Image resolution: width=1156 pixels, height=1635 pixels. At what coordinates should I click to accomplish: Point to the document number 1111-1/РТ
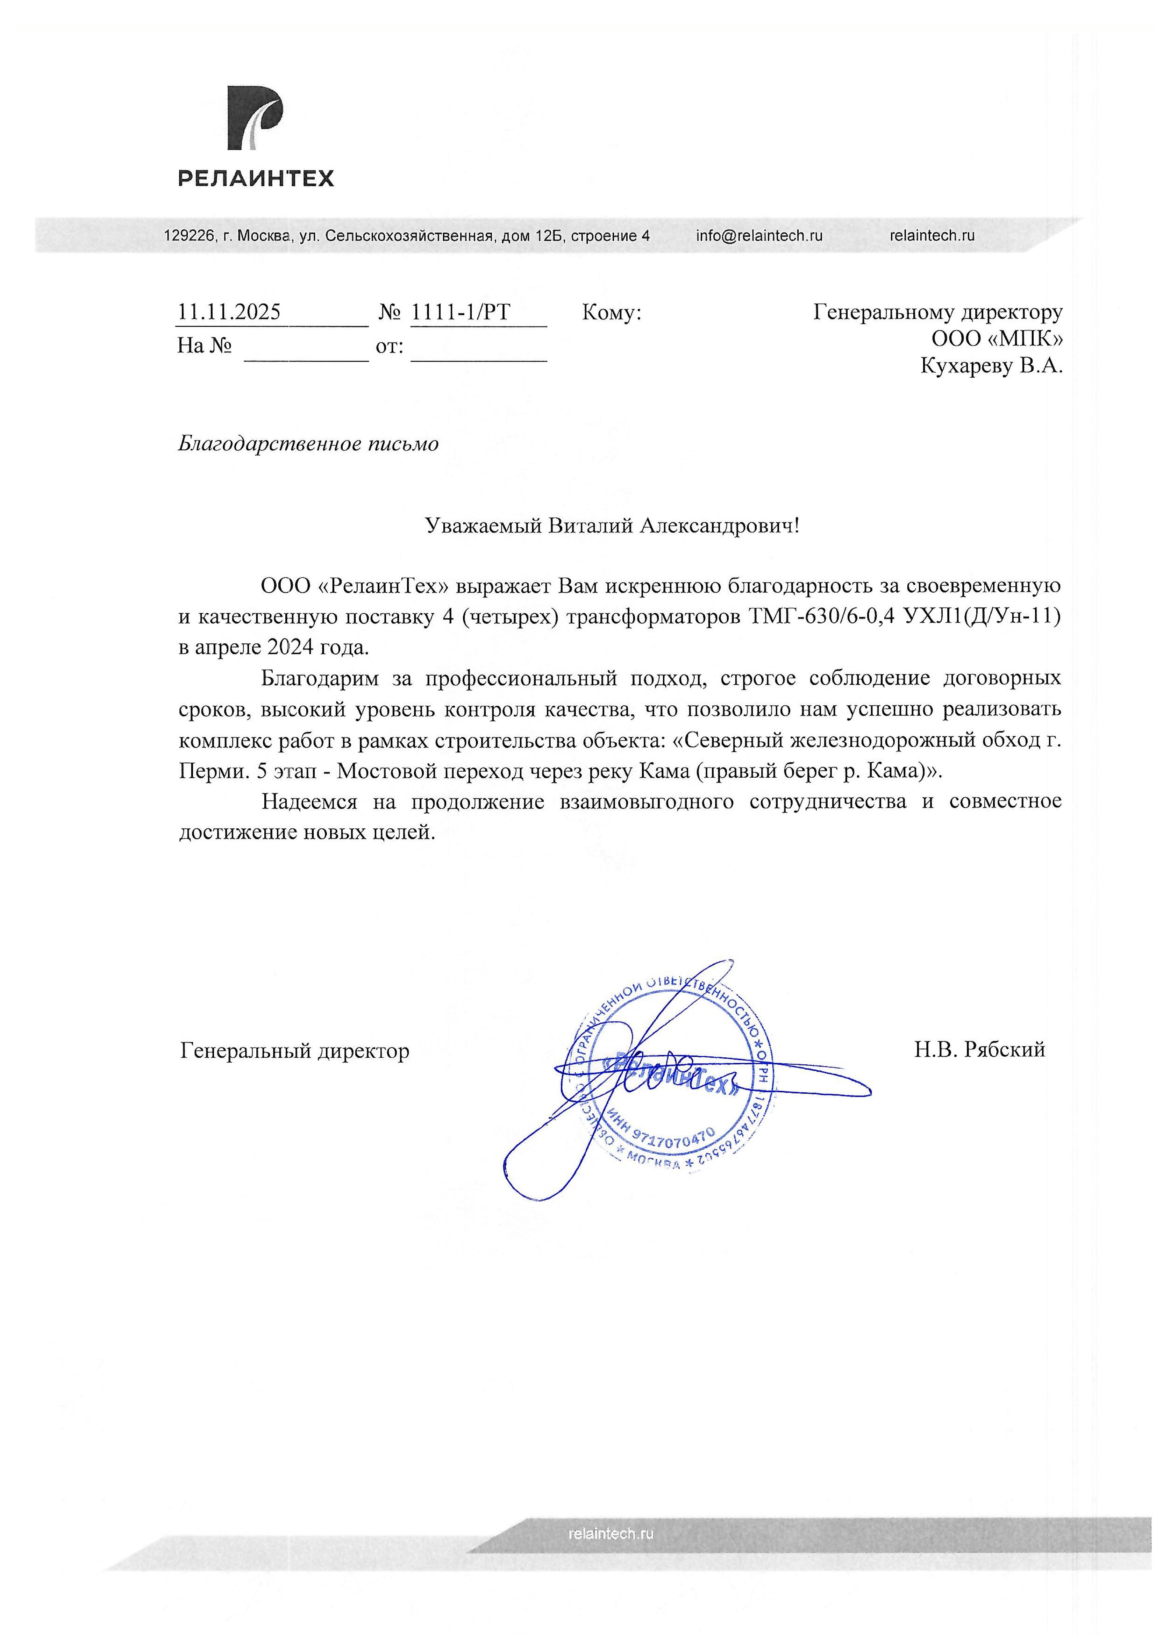(461, 312)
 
